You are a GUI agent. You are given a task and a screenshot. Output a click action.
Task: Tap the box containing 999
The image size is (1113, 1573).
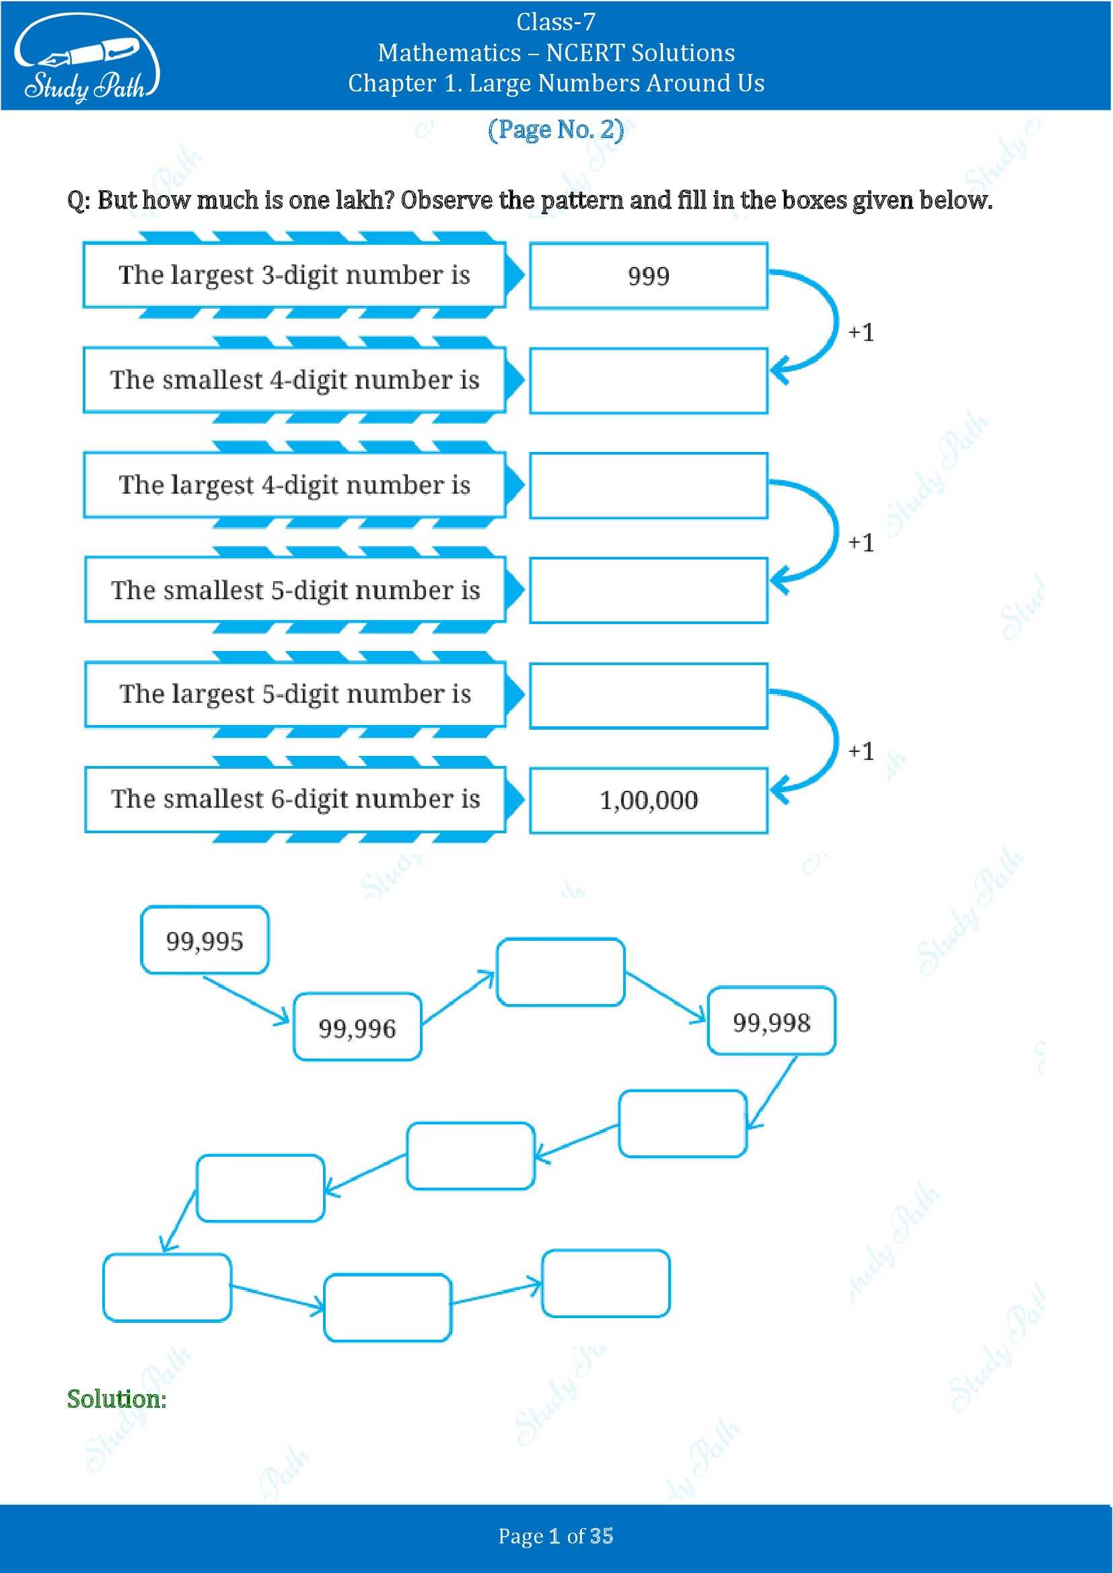coord(648,276)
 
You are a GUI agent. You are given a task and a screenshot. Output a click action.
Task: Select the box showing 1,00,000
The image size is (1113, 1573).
coord(648,800)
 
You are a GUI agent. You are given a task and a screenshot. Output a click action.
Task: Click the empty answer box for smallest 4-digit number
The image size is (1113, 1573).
coord(648,381)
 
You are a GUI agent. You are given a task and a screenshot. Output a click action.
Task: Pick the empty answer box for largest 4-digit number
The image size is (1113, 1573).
coord(648,486)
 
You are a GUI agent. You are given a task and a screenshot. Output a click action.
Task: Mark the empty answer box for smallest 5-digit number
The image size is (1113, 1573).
coord(648,590)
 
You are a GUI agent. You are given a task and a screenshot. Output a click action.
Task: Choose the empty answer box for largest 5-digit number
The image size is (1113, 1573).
coord(648,695)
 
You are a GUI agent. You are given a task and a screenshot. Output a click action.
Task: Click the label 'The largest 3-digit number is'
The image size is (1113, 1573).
coord(294,275)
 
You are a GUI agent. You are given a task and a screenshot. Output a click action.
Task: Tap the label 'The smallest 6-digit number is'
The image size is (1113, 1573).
coord(295,799)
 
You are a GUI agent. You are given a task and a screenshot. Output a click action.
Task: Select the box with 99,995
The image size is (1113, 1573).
coord(205,941)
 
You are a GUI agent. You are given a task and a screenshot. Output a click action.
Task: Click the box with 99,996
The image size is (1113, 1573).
coord(357,1028)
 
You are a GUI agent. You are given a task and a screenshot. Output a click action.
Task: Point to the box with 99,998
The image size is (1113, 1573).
coord(771,1022)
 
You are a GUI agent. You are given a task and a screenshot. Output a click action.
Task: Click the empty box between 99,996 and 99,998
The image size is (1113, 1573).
coord(560,972)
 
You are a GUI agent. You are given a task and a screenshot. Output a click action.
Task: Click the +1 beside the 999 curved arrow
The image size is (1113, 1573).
coord(861,333)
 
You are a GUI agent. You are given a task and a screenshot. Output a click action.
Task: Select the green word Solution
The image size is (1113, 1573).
coord(116,1399)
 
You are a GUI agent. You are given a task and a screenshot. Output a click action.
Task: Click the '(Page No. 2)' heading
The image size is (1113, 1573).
coord(556,130)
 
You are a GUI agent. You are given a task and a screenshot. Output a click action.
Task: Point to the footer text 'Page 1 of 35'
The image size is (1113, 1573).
coord(556,1536)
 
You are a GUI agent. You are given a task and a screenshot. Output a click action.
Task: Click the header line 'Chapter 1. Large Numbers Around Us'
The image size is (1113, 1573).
coord(556,83)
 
